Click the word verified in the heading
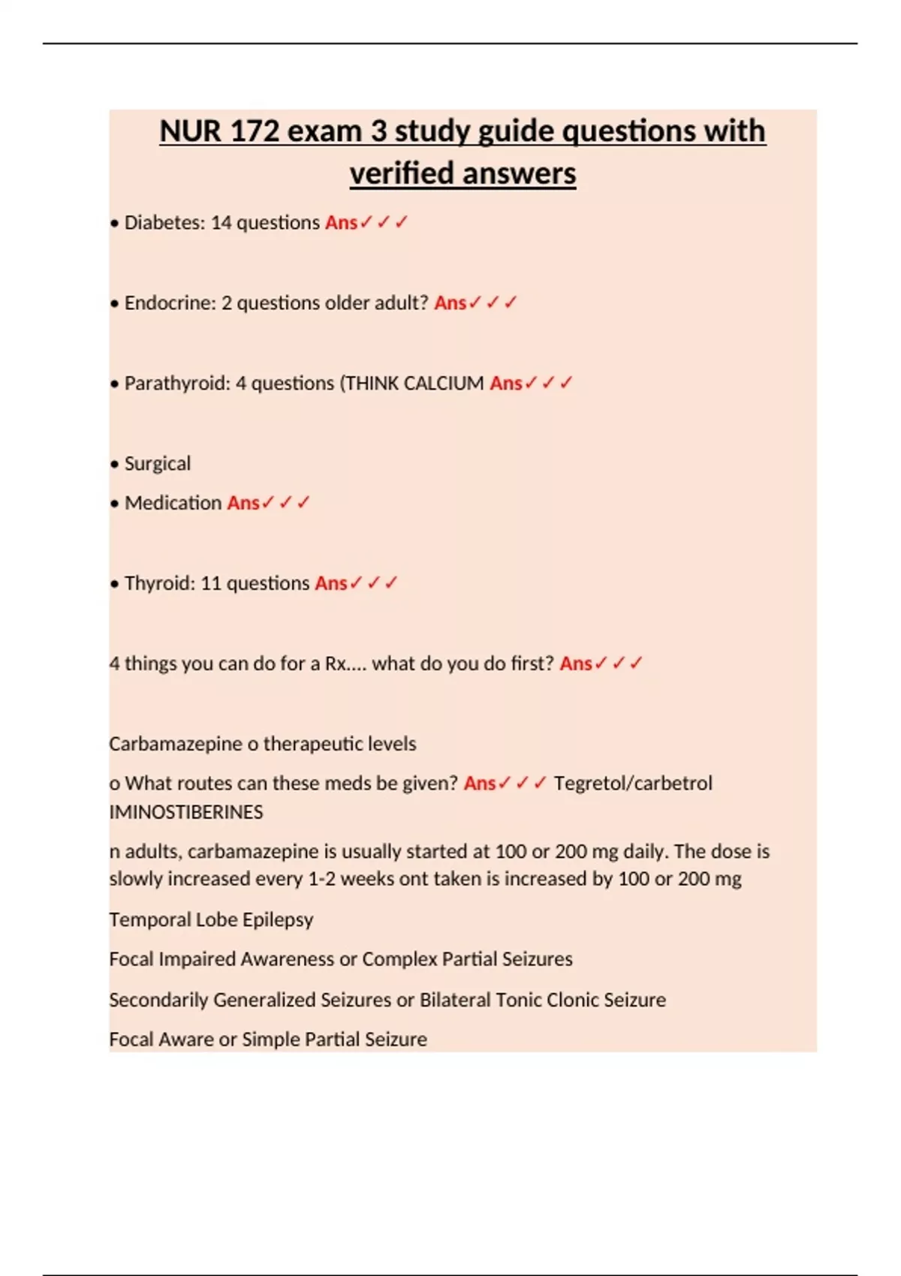point(401,173)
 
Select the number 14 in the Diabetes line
point(221,223)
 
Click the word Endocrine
point(170,303)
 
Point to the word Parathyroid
point(177,384)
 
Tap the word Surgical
point(158,464)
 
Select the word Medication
point(173,503)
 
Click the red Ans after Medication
point(243,503)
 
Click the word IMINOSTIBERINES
point(186,812)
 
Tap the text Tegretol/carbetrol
point(633,784)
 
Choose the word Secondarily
point(158,1000)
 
